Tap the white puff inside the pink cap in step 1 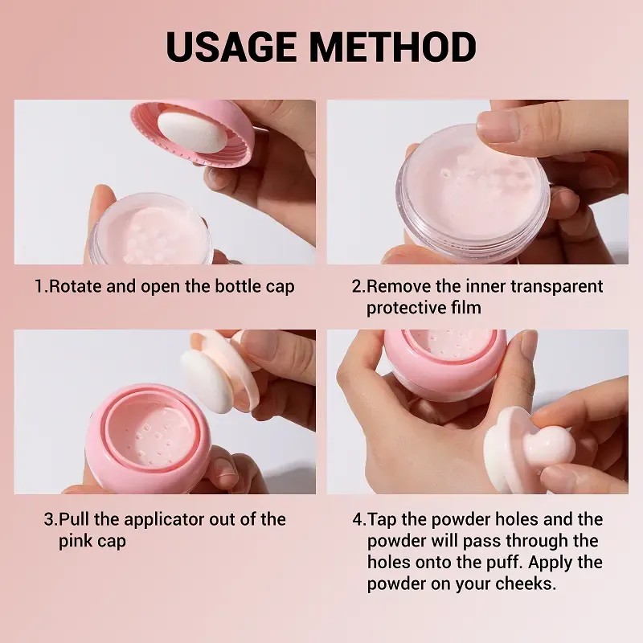(192, 132)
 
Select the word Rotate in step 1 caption (76, 286)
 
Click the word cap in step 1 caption (280, 288)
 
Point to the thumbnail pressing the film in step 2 (498, 127)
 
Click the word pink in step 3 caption (75, 542)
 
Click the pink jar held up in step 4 (445, 364)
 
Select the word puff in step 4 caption (506, 563)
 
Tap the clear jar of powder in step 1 (152, 230)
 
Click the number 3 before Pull (49, 519)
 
